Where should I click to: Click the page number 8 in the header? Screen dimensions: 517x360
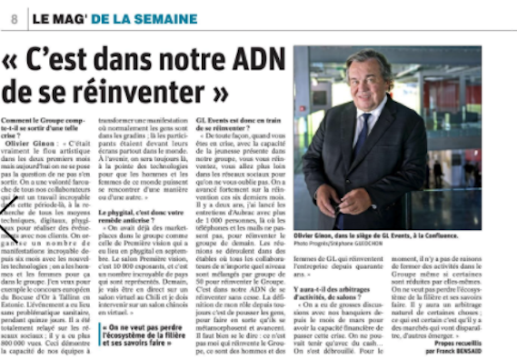(x=15, y=18)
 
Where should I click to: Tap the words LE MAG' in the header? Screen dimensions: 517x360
(x=62, y=18)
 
